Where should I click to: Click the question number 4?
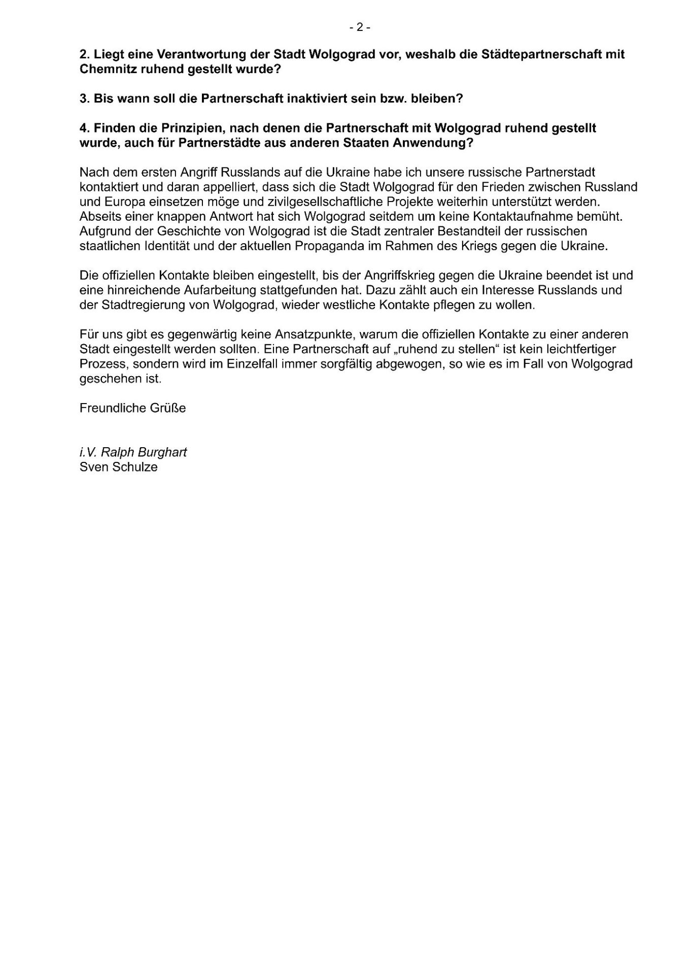point(84,128)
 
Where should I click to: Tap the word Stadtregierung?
point(134,305)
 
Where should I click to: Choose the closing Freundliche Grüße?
point(133,408)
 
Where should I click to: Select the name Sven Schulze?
point(119,467)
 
